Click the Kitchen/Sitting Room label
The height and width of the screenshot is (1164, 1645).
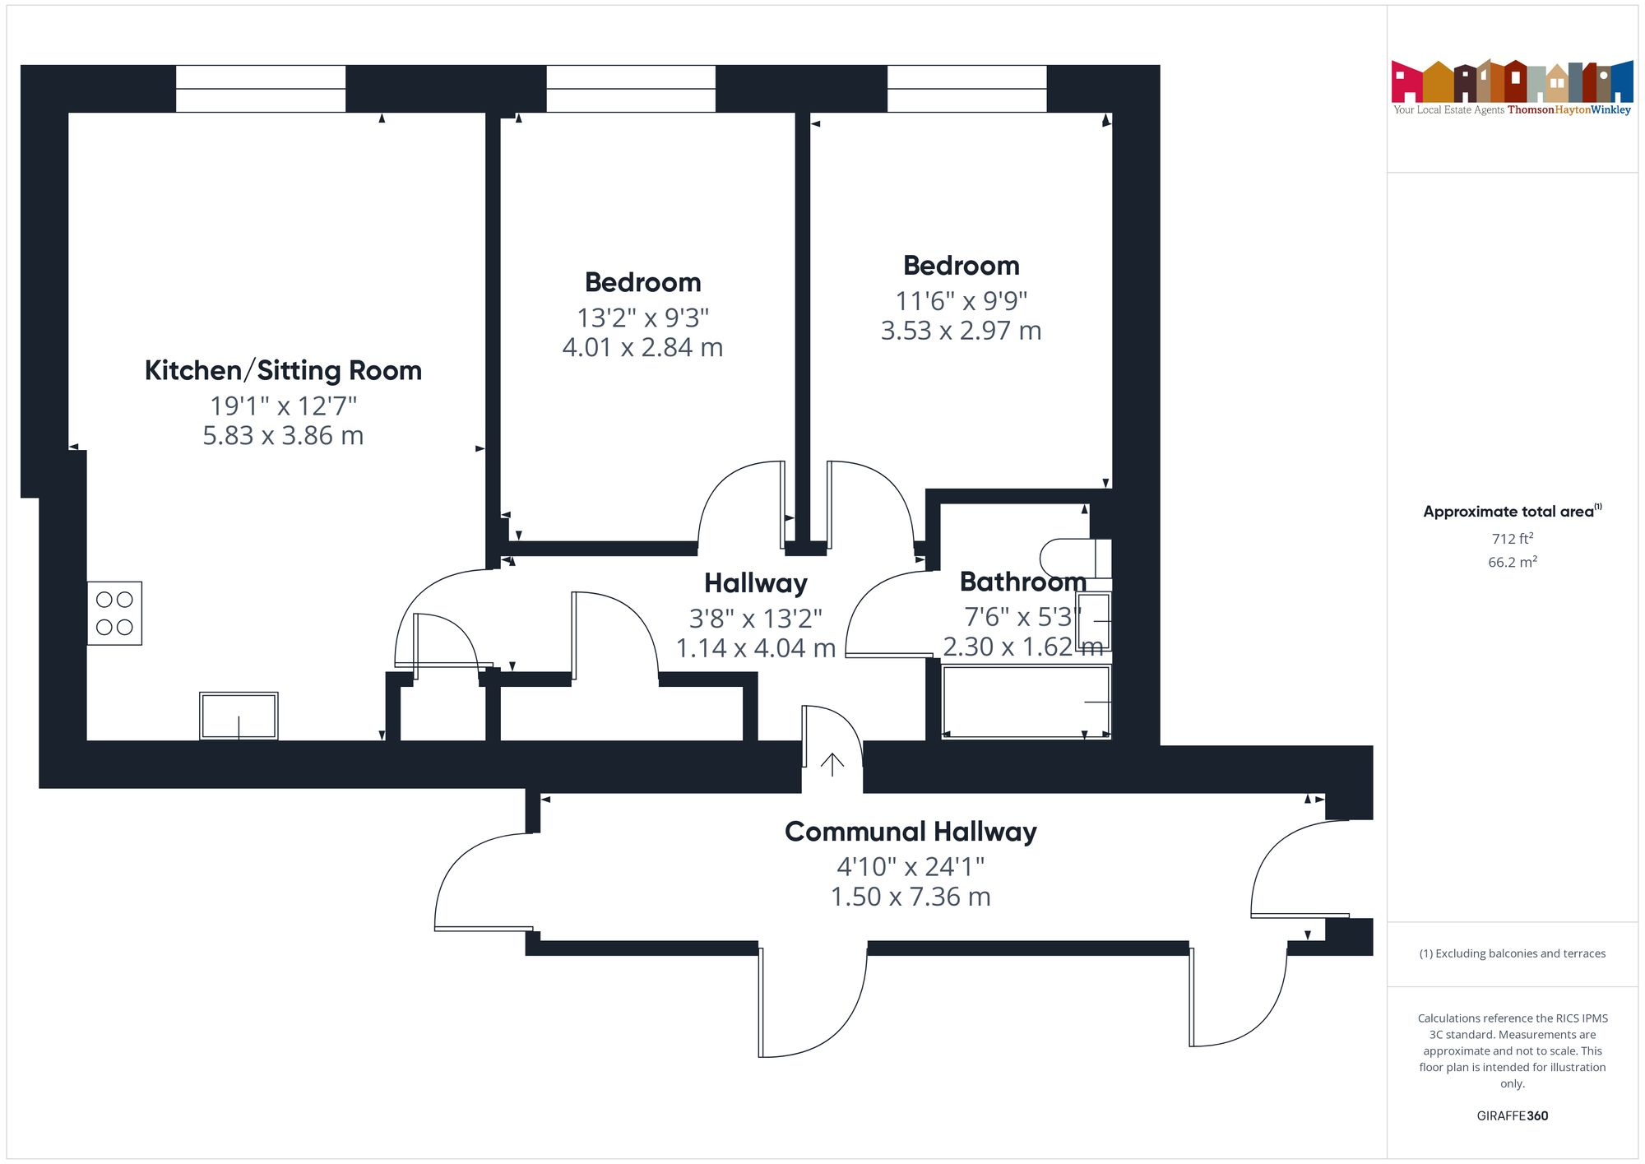click(283, 371)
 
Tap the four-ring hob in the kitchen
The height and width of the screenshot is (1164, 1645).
click(114, 614)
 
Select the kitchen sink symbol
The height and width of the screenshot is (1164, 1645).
click(239, 716)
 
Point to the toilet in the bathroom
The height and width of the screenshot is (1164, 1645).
click(1074, 558)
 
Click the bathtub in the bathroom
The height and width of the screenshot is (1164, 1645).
click(1026, 702)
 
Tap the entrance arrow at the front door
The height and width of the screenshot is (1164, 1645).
click(832, 764)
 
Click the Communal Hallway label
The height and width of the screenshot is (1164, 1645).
click(911, 832)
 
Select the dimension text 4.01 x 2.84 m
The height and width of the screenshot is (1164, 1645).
click(642, 348)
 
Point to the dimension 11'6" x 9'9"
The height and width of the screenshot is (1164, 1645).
click(961, 301)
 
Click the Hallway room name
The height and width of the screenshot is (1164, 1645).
click(755, 583)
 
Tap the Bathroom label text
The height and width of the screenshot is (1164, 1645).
click(1022, 582)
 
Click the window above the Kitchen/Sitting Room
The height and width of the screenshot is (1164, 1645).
click(261, 89)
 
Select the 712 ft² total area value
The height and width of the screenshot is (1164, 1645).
click(1512, 539)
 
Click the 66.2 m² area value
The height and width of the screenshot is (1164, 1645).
click(1512, 562)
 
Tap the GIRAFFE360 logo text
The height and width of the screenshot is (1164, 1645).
click(1512, 1116)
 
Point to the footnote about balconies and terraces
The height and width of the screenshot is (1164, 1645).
click(1512, 953)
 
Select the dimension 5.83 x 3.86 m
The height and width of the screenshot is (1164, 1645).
click(283, 436)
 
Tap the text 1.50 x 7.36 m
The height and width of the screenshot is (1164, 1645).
click(911, 897)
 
